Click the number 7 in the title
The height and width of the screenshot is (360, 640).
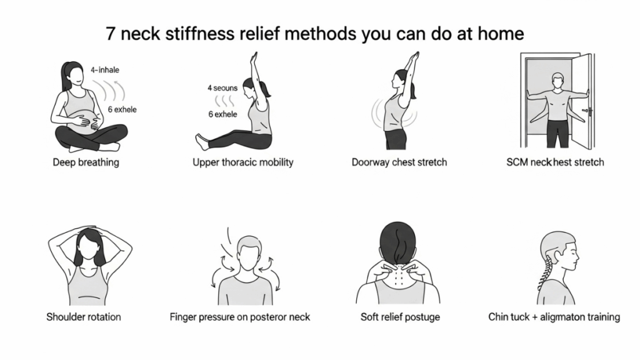pyautogui.click(x=110, y=34)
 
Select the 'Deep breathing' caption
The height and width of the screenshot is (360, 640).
pyautogui.click(x=86, y=162)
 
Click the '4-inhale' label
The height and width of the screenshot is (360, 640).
pyautogui.click(x=105, y=70)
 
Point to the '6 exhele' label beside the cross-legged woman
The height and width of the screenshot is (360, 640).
pyautogui.click(x=122, y=109)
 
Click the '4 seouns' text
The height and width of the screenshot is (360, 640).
pyautogui.click(x=222, y=87)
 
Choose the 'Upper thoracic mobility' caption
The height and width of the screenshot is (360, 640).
pyautogui.click(x=243, y=162)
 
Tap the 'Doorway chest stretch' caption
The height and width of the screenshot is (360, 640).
pyautogui.click(x=399, y=162)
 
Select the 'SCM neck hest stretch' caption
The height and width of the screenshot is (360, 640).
pyautogui.click(x=555, y=162)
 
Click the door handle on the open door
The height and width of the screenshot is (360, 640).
pyautogui.click(x=587, y=111)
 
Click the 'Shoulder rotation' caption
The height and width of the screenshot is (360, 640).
pyautogui.click(x=84, y=317)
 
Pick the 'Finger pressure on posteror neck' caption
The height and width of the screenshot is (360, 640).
pyautogui.click(x=240, y=317)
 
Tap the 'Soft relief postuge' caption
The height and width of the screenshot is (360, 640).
pyautogui.click(x=400, y=317)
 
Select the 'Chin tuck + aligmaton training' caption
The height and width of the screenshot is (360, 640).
pyautogui.click(x=554, y=317)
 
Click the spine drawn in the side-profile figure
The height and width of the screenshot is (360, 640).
pyautogui.click(x=546, y=269)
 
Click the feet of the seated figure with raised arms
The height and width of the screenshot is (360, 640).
pyautogui.click(x=202, y=142)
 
